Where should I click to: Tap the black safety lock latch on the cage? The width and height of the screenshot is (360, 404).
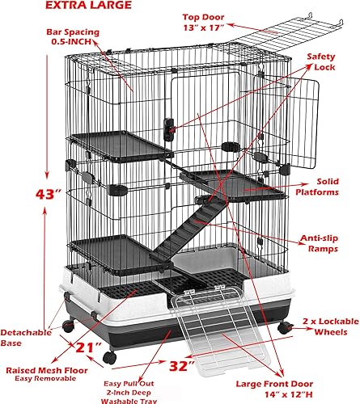[170, 127]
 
